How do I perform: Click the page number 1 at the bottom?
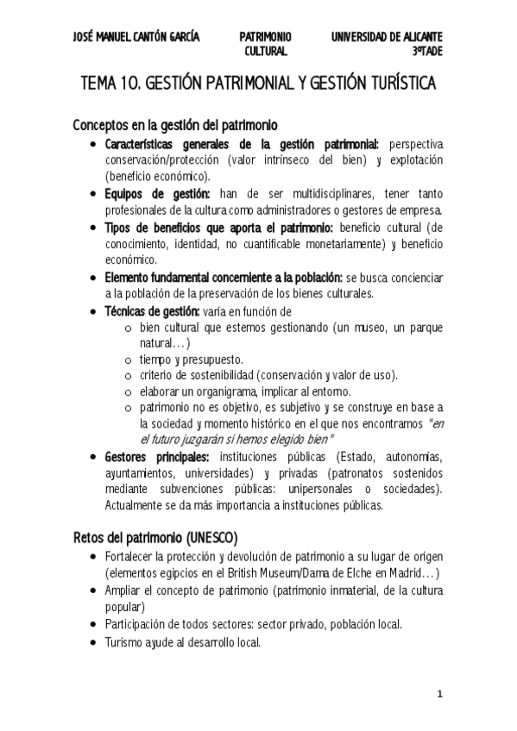(439, 694)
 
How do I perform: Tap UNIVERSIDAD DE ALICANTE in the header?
(387, 36)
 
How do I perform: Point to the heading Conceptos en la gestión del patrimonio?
(174, 125)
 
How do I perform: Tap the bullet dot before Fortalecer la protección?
(93, 557)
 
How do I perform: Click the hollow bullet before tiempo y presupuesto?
(128, 359)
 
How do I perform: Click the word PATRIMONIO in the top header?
(266, 36)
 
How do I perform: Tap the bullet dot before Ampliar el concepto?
(93, 591)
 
